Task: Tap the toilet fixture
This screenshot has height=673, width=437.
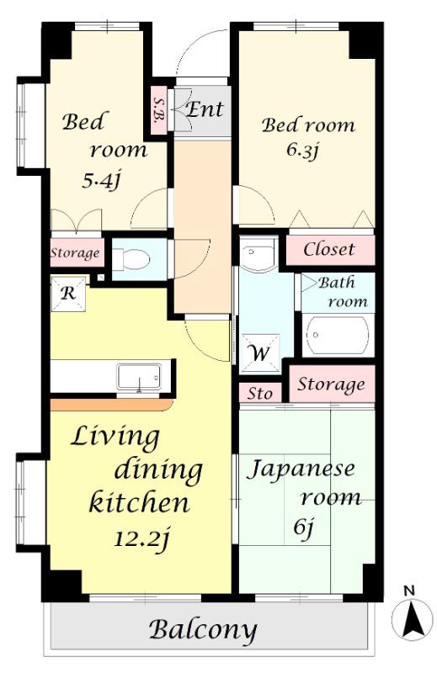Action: point(131,259)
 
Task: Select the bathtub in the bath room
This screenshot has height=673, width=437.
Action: point(338,335)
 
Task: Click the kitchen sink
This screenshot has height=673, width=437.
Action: point(139,377)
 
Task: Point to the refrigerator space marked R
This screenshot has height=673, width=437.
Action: point(68,294)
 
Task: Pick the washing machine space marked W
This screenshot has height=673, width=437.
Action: point(260,353)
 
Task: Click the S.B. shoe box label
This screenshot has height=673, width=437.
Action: point(158,109)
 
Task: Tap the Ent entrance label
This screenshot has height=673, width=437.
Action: point(205,109)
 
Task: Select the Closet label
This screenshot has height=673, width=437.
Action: point(329,249)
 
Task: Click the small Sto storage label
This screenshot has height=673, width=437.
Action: point(260,393)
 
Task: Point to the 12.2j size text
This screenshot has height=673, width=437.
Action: point(142,538)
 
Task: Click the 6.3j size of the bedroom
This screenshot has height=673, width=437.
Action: point(302,150)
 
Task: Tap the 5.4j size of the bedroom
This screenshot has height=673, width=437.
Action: point(100,181)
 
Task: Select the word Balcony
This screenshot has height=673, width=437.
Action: point(203,629)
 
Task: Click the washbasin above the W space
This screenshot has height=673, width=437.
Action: point(258,254)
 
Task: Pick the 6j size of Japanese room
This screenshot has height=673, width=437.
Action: point(304,527)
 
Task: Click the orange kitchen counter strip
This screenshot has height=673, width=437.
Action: point(112,405)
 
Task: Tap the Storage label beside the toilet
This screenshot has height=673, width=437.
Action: point(75,253)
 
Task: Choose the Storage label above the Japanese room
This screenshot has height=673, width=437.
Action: point(331,384)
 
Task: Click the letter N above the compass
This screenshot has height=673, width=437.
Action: point(409,591)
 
